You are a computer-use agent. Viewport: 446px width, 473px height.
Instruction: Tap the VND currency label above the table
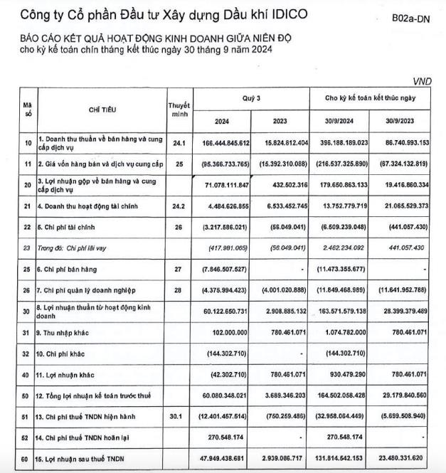coord(423,83)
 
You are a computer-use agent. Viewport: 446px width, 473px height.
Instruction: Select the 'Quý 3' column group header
coord(252,97)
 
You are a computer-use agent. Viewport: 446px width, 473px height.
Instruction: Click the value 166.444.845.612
coord(218,143)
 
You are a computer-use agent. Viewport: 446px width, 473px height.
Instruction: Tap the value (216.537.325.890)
coord(336,164)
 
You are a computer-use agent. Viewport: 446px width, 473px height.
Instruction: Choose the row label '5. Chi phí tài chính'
coord(63,228)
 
